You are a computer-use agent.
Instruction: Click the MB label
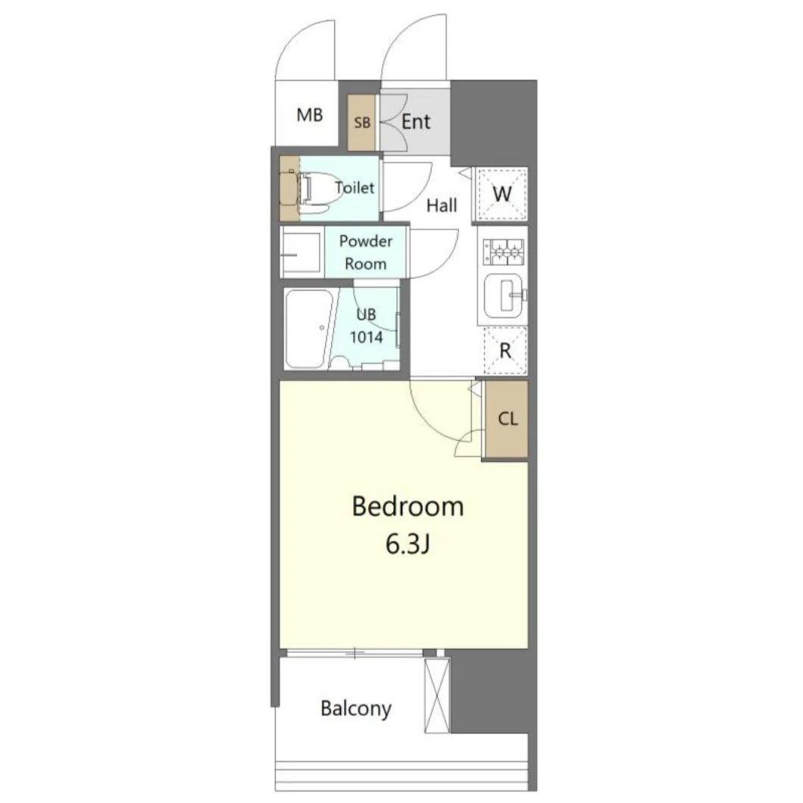tap(310, 114)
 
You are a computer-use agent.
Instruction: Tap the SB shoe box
tap(362, 123)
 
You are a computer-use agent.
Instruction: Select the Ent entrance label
tap(416, 122)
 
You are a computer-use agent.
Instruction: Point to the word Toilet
tap(355, 187)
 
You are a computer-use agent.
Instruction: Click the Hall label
tap(442, 206)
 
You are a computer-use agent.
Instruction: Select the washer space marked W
tap(501, 194)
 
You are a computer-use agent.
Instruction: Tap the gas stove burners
tap(504, 252)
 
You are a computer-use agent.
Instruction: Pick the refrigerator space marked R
tap(505, 352)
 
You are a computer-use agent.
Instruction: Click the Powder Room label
tap(366, 252)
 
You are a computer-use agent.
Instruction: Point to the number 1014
tap(366, 337)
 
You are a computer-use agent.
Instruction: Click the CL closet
tap(507, 419)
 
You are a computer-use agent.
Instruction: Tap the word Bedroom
tap(408, 506)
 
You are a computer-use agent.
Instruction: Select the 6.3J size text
tap(408, 544)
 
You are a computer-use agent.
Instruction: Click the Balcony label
tap(356, 709)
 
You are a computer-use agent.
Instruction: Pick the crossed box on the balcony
tap(437, 695)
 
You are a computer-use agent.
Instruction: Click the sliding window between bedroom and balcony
tap(355, 653)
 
